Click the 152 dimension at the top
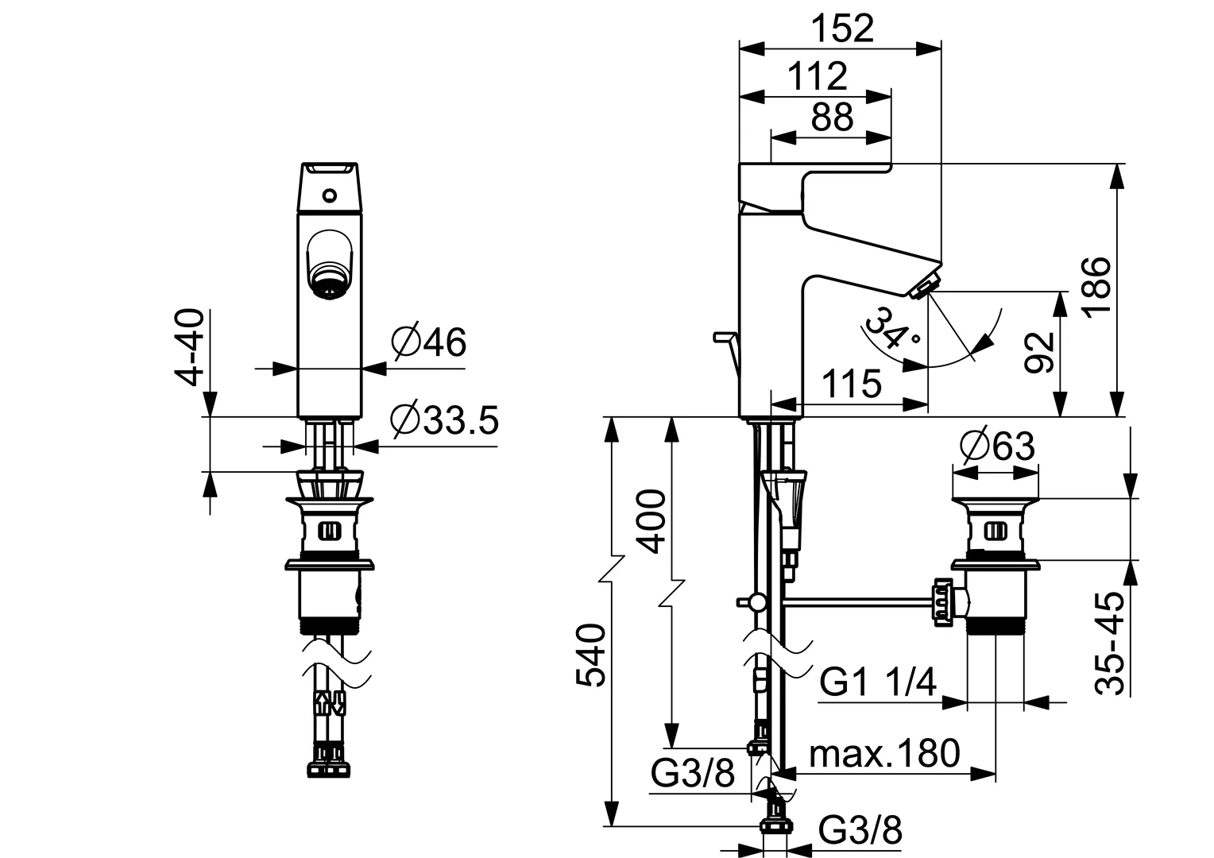[843, 29]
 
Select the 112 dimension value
[817, 77]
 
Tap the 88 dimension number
[832, 117]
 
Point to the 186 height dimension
[1096, 286]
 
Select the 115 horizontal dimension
[852, 384]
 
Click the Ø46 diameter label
[429, 342]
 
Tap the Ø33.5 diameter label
[444, 420]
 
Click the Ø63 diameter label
[997, 446]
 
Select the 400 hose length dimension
[651, 521]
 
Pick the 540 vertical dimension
[591, 655]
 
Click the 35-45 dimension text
[1109, 643]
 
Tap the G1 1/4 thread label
[877, 682]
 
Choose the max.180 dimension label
[884, 753]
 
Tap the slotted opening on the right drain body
[996, 530]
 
